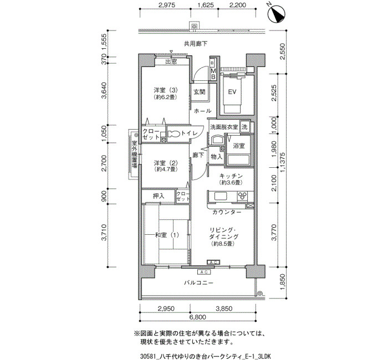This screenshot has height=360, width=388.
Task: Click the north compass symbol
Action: pyautogui.click(x=277, y=14)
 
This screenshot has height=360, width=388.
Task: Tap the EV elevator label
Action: pyautogui.click(x=232, y=92)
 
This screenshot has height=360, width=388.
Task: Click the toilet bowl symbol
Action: pyautogui.click(x=174, y=134)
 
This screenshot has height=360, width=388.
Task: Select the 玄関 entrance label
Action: pyautogui.click(x=199, y=92)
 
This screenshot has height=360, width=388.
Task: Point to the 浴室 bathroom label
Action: pyautogui.click(x=239, y=146)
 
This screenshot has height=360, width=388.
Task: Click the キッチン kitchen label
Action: pyautogui.click(x=231, y=176)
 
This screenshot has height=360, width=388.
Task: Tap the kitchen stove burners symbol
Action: pyautogui.click(x=242, y=196)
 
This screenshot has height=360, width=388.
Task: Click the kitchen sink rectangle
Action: pyautogui.click(x=221, y=196)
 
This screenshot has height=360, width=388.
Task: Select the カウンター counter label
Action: pyautogui.click(x=227, y=212)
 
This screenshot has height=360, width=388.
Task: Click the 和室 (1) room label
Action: pyautogui.click(x=167, y=235)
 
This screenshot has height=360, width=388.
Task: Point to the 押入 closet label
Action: pyautogui.click(x=159, y=196)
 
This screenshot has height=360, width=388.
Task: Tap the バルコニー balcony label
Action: pyautogui.click(x=198, y=282)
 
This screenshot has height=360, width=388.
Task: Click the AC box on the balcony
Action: pyautogui.click(x=204, y=272)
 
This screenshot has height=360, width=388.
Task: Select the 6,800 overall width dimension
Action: pyautogui.click(x=198, y=317)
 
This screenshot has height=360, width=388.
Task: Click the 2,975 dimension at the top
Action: pyautogui.click(x=167, y=4)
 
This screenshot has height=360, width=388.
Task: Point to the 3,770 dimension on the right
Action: pyautogui.click(x=274, y=232)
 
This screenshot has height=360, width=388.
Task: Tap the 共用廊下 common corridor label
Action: pyautogui.click(x=196, y=44)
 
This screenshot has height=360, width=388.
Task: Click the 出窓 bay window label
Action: pyautogui.click(x=171, y=61)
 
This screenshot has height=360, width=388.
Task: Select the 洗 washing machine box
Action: pyautogui.click(x=245, y=127)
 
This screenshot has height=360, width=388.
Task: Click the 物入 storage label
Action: pyautogui.click(x=217, y=157)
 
